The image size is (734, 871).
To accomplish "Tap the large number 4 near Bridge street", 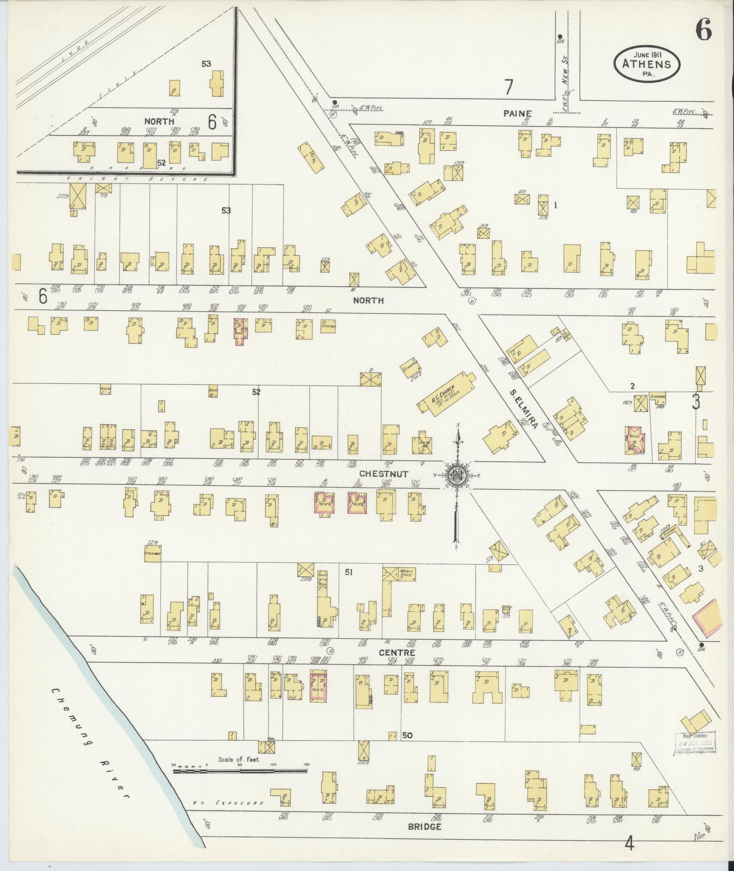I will (629, 843).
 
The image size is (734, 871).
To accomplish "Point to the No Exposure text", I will (228, 803).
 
